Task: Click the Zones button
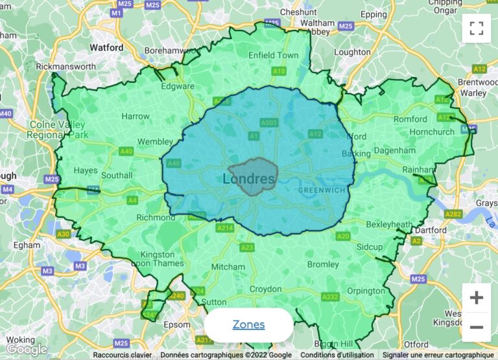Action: pyautogui.click(x=248, y=324)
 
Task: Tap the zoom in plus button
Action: pyautogui.click(x=476, y=298)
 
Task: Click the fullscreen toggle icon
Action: pyautogui.click(x=476, y=28)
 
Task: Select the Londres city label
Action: pyautogui.click(x=250, y=178)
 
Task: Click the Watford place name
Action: pyautogui.click(x=106, y=47)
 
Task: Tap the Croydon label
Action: pyautogui.click(x=266, y=289)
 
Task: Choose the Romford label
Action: pyautogui.click(x=410, y=119)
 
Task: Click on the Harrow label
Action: pyautogui.click(x=136, y=117)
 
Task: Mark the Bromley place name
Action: pyautogui.click(x=323, y=264)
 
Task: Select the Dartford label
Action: pyautogui.click(x=431, y=230)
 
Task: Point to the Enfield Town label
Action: pyautogui.click(x=274, y=55)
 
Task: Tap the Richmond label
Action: pyautogui.click(x=156, y=217)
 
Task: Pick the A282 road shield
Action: pyautogui.click(x=454, y=213)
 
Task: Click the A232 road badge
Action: pyautogui.click(x=330, y=296)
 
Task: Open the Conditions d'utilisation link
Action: pyautogui.click(x=337, y=355)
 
